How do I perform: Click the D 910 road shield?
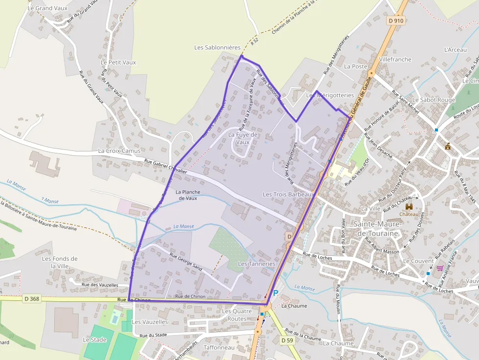point(396,21)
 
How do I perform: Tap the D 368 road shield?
point(32,298)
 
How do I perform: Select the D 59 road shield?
point(287,340)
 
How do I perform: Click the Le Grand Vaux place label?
point(47,8)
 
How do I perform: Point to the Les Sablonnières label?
point(218,47)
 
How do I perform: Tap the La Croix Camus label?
point(119,151)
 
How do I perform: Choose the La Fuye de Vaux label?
point(243,138)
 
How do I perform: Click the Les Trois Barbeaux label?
point(287,194)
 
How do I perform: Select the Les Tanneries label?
point(257,264)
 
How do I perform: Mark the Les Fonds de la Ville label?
point(60,262)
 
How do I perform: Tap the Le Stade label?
point(94,339)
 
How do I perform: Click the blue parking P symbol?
point(275,293)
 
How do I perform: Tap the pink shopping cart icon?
point(440,268)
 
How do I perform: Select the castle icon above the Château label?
point(409,207)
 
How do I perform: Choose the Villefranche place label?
point(395,60)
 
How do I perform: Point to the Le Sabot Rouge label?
point(434,100)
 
